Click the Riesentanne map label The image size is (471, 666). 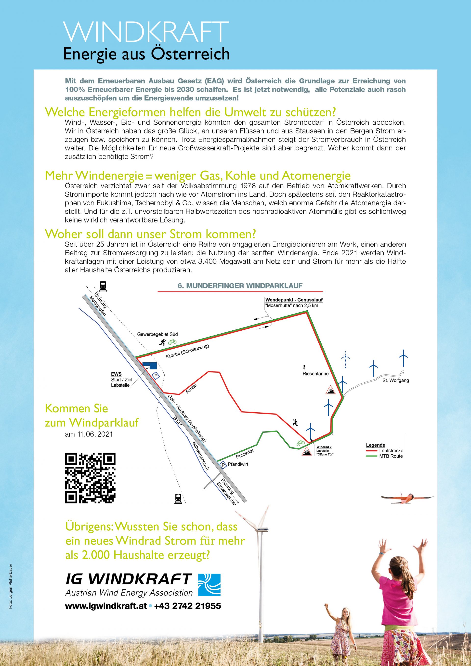(315, 374)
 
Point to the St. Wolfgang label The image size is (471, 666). (396, 380)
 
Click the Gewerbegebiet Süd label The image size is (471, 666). (157, 334)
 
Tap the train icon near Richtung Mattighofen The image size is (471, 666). (103, 286)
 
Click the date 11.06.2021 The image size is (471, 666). (89, 434)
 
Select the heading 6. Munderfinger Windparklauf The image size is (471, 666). (240, 286)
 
